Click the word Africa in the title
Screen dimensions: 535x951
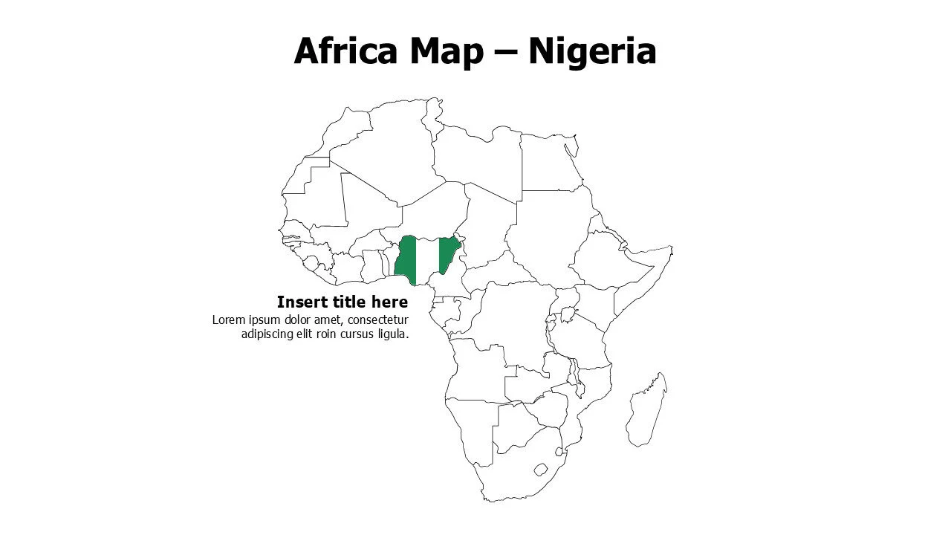pos(340,52)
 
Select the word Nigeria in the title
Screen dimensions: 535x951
pos(591,52)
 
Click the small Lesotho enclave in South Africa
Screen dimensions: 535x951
pos(541,470)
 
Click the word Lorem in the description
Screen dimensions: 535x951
pos(227,320)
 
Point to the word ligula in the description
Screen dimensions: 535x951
pos(394,334)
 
